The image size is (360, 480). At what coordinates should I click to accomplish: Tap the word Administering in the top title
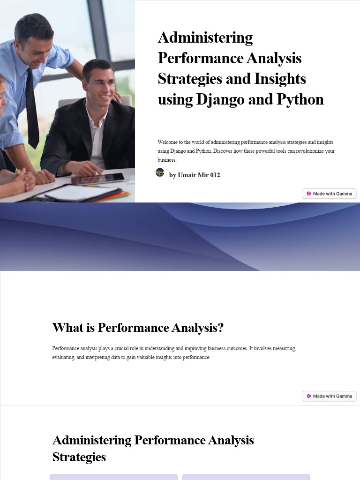tap(205, 37)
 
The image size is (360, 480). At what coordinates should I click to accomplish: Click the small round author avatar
tap(160, 172)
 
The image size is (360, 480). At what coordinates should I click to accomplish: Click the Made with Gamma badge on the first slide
tap(330, 194)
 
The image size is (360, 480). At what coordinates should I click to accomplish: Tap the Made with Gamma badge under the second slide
tap(330, 396)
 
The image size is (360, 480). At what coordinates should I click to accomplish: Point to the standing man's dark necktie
tap(32, 108)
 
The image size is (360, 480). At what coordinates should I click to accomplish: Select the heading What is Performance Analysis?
tap(138, 328)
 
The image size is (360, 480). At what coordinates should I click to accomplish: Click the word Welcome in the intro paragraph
tap(168, 142)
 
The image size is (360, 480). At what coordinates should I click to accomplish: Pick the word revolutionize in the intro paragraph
tap(311, 151)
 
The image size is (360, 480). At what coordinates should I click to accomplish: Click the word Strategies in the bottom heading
tap(79, 457)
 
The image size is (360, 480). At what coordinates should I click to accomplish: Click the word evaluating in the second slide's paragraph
tap(64, 358)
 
